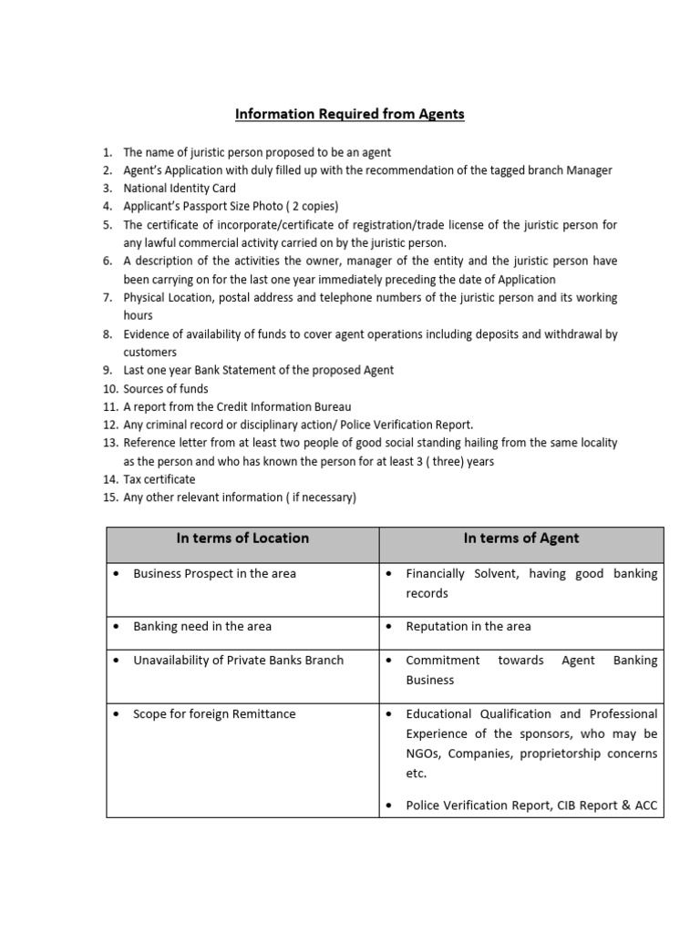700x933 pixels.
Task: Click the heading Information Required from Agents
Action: [350, 114]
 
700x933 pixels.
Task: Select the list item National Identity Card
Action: [180, 189]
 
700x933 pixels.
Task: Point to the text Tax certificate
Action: [160, 479]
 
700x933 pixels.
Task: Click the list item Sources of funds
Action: [166, 389]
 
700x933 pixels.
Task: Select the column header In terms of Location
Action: [242, 538]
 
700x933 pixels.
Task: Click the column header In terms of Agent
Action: [520, 538]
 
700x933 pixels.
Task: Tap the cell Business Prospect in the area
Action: [214, 574]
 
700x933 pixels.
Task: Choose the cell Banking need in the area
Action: [202, 627]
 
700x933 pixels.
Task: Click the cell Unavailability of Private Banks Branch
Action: [238, 661]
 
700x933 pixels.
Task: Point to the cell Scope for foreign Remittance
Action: [214, 714]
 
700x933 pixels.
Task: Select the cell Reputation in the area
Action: [468, 627]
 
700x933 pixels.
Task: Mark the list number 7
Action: [108, 298]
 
